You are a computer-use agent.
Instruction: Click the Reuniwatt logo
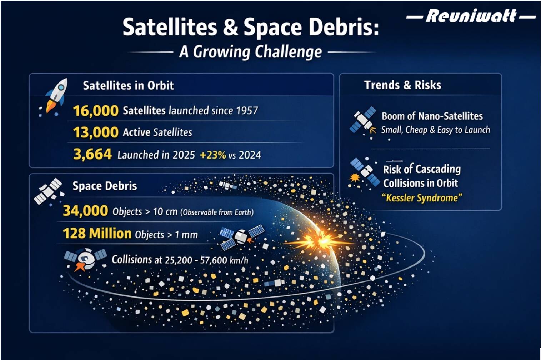click(471, 16)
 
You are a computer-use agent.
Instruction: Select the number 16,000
click(96, 111)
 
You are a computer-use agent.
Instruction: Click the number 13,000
click(96, 132)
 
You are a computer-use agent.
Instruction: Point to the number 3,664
click(92, 155)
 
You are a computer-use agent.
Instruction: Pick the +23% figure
click(213, 155)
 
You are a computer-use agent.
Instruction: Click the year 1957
click(246, 111)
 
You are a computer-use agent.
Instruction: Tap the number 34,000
click(85, 211)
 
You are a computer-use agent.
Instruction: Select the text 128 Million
click(97, 234)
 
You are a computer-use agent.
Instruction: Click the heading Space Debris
click(105, 186)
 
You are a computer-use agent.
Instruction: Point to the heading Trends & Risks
click(402, 85)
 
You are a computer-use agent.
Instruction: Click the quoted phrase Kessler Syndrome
click(422, 198)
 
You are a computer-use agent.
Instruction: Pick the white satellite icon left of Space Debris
click(48, 191)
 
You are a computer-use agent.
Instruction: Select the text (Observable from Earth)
click(217, 212)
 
